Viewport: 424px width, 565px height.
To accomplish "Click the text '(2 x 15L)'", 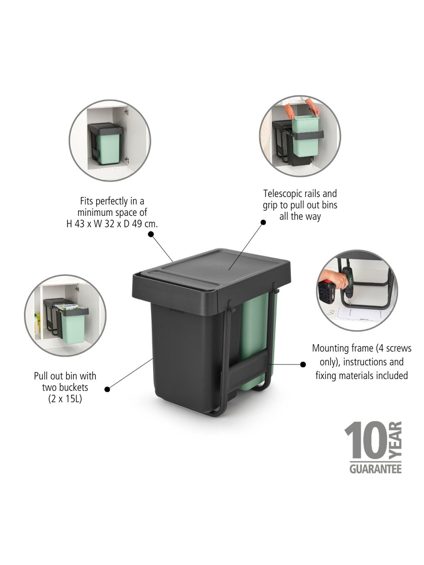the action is (65, 399).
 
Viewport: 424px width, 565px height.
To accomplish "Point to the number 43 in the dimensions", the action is (80, 224).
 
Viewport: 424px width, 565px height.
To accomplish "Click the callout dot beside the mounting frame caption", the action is (303, 364).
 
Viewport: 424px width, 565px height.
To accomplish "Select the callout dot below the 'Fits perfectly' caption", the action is (151, 234).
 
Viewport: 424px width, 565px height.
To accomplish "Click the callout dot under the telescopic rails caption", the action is (264, 222).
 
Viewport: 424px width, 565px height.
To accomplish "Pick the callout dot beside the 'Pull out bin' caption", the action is (107, 390).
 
